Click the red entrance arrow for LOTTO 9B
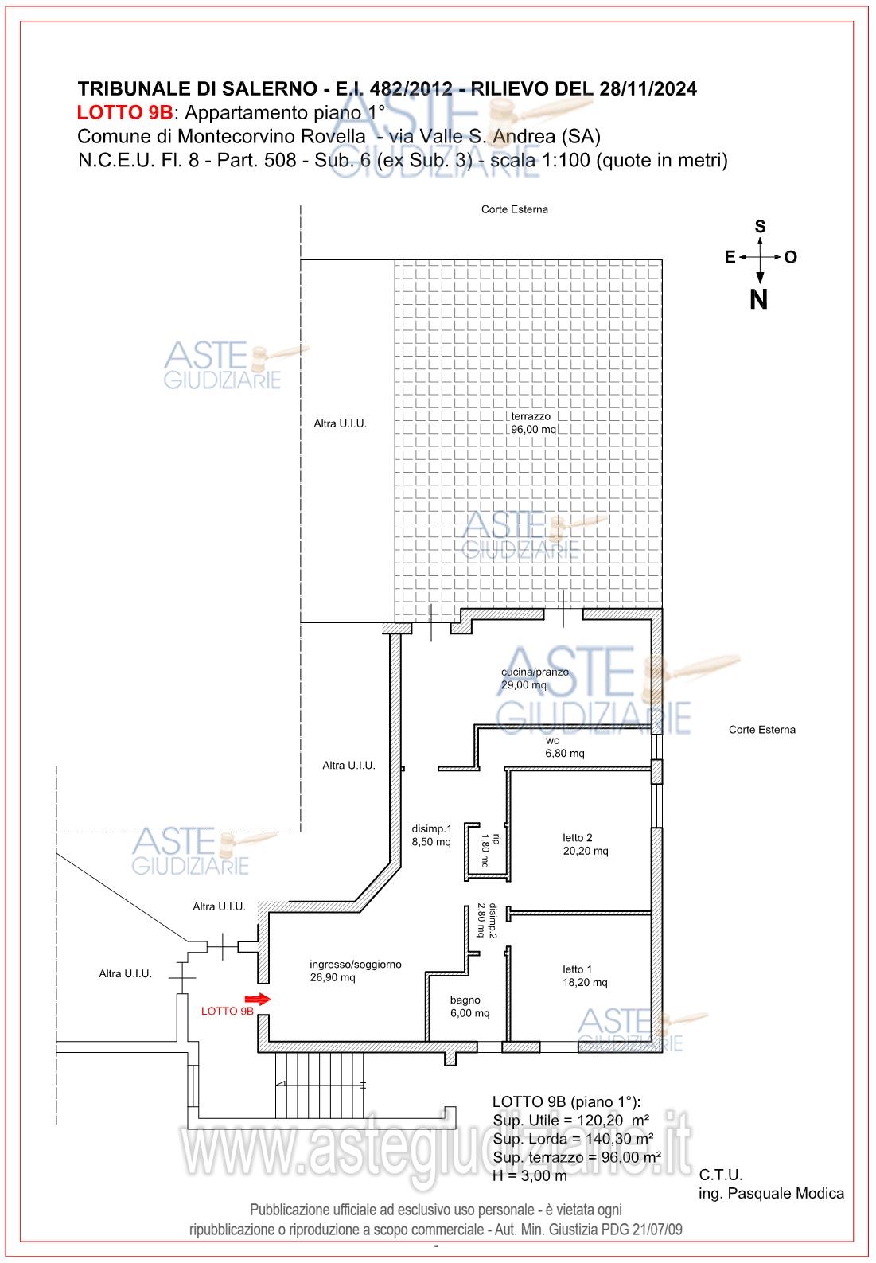[x=258, y=998]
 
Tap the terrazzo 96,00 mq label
[x=532, y=423]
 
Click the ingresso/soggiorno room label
[x=355, y=971]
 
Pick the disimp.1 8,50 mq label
[x=431, y=834]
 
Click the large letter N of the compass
[x=759, y=300]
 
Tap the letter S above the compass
[x=760, y=228]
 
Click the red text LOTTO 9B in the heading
[x=125, y=111]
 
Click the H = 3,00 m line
[x=530, y=1175]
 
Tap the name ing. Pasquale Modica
[x=771, y=1193]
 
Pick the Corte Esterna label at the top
[x=514, y=209]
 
